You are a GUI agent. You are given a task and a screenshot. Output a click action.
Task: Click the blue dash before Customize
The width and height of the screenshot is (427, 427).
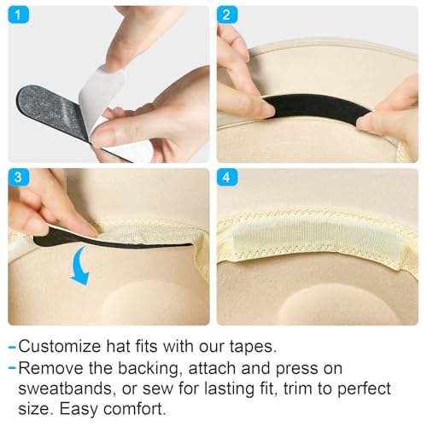click(12, 348)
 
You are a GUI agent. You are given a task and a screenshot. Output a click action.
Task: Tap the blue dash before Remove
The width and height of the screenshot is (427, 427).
click(12, 369)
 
